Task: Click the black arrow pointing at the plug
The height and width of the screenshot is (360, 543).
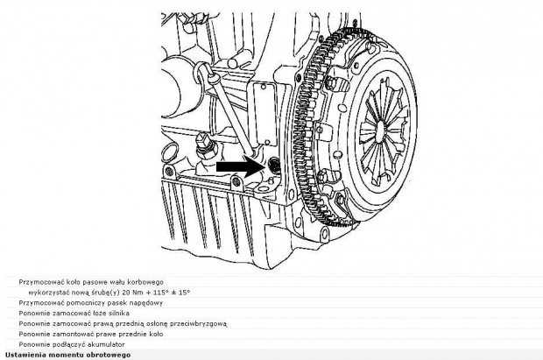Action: [x=239, y=166]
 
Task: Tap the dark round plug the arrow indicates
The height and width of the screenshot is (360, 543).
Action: [x=275, y=165]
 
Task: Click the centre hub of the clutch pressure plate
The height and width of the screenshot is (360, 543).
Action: [x=380, y=130]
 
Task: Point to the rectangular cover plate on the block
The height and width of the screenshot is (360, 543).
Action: [x=265, y=115]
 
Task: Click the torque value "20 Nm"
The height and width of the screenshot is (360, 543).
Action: [x=130, y=293]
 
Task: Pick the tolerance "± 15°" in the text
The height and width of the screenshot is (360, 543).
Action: [x=181, y=293]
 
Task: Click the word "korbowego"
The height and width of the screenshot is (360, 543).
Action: [x=148, y=282]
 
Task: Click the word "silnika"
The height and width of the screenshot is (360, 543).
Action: [x=119, y=314]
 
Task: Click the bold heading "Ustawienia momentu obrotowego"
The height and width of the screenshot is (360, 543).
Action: [x=68, y=355]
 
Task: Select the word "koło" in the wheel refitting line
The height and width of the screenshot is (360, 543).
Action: [x=156, y=334]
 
